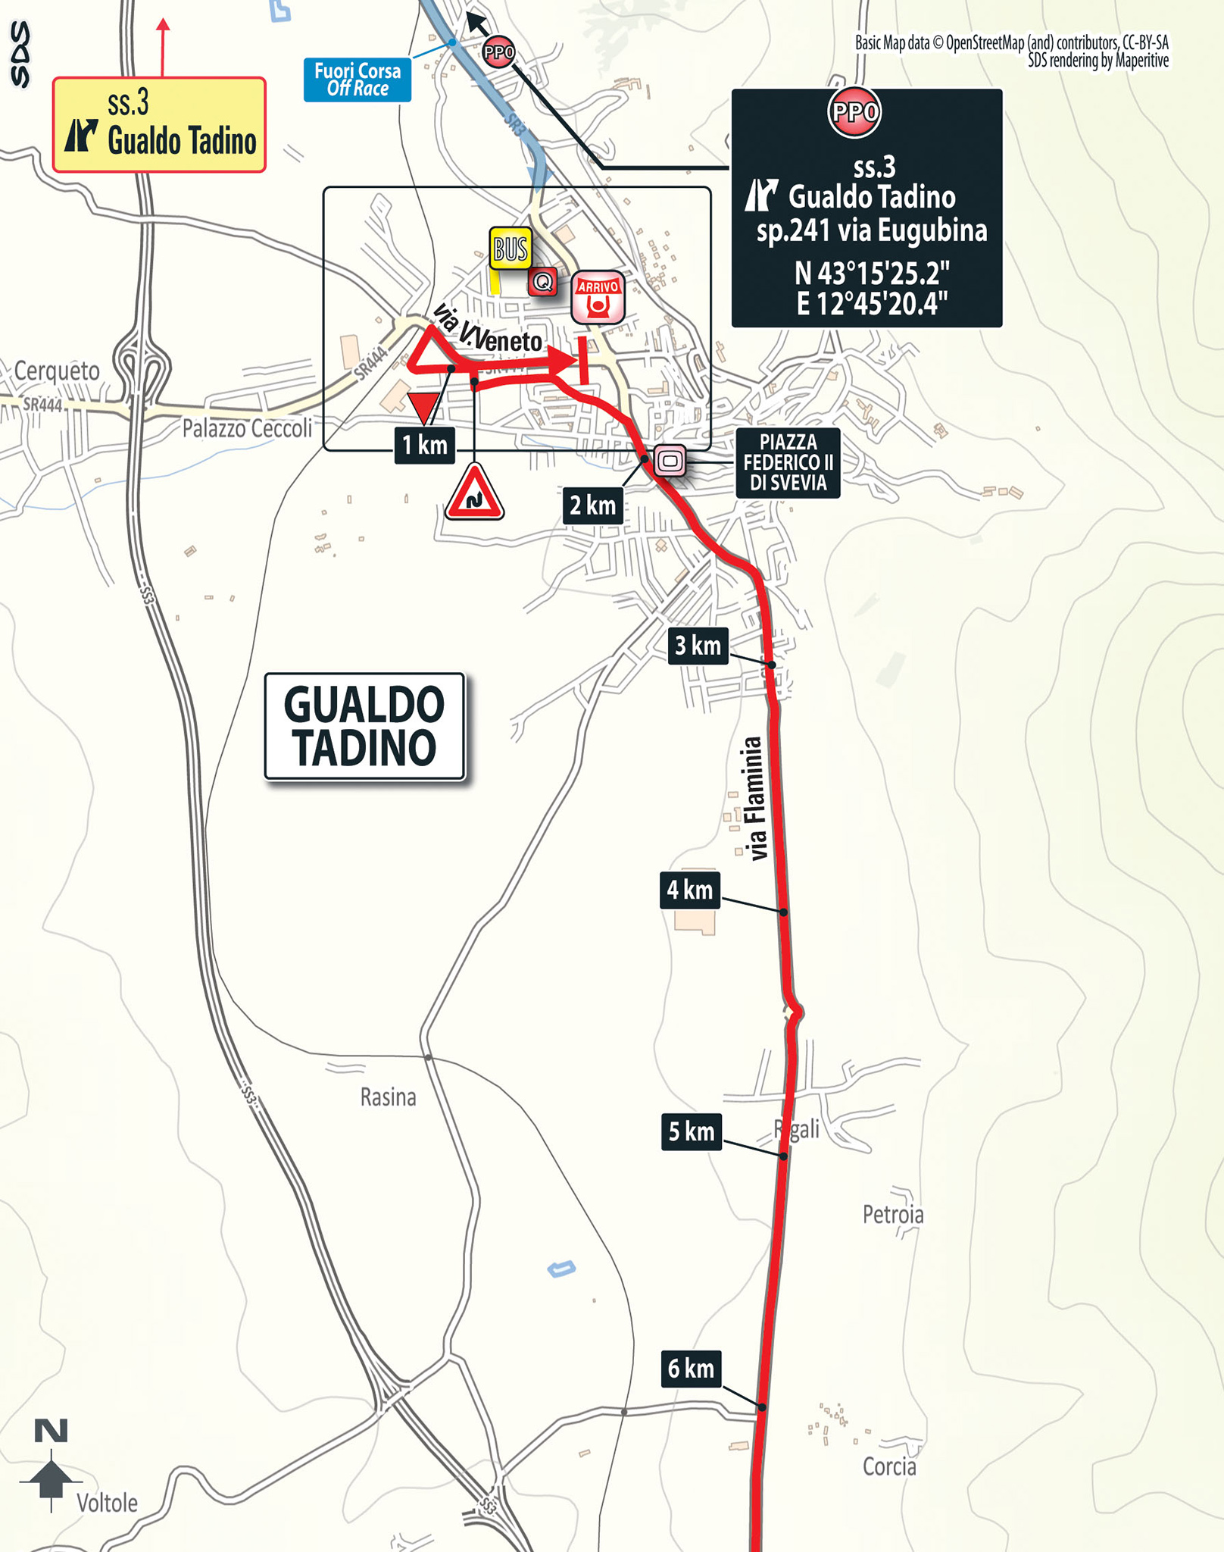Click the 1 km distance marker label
pos(424,446)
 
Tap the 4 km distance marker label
pos(689,890)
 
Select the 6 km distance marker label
pos(691,1369)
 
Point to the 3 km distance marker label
pos(698,646)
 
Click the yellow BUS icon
pos(511,248)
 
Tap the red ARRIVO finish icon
pos(598,298)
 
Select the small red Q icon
pos(542,283)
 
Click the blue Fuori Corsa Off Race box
pos(358,80)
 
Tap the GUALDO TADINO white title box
pos(364,726)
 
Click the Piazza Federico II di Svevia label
pos(788,463)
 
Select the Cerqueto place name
pos(57,371)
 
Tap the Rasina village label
pos(388,1097)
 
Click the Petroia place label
pos(893,1215)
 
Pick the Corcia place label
pos(889,1467)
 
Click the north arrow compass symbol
pos(51,1466)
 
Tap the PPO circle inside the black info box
pos(854,112)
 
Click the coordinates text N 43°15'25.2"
pos(872,272)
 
